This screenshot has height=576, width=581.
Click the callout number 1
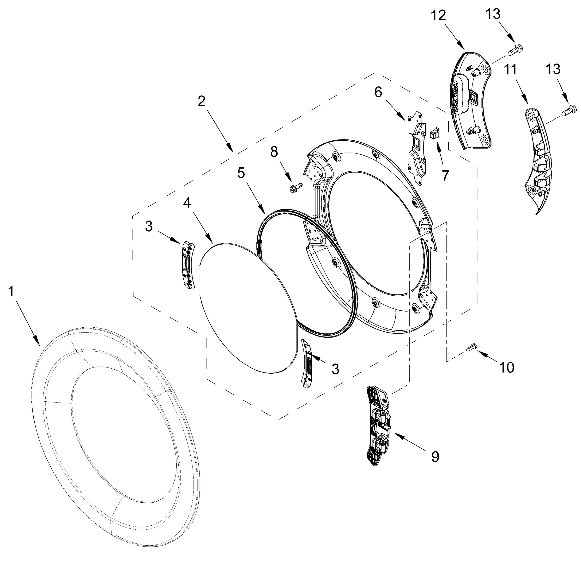(11, 292)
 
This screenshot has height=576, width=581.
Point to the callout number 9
(435, 457)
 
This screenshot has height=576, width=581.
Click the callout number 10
(506, 367)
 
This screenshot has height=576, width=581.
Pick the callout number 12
(438, 15)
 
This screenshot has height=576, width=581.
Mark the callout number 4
(187, 204)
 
